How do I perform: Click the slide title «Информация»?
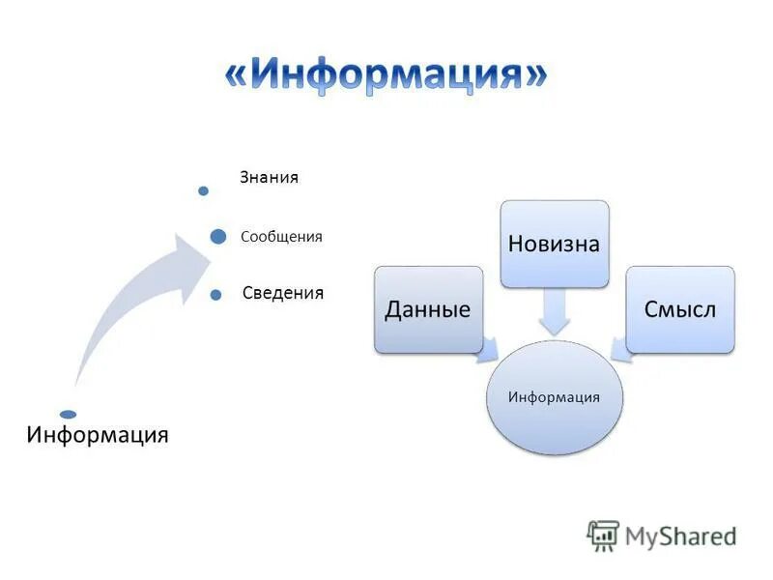386,75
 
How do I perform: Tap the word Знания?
270,177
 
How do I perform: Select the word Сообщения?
281,237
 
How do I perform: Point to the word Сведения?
283,293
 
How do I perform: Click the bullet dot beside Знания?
203,190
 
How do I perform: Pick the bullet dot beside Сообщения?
218,237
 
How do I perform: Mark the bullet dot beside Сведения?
215,293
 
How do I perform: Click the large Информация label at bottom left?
98,434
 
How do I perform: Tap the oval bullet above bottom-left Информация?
68,414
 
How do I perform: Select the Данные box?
428,309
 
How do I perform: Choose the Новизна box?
555,244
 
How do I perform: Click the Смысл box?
680,309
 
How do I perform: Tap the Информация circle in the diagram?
554,397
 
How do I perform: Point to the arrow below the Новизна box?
555,312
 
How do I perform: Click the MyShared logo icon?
603,535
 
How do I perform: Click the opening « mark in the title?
240,76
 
